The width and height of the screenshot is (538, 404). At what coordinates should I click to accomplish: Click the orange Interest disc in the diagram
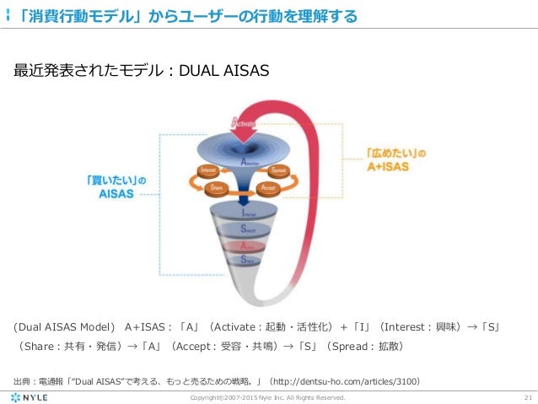(x=207, y=170)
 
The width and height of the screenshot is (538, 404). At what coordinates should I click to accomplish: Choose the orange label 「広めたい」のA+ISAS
(x=393, y=161)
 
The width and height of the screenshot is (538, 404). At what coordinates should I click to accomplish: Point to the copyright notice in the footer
(x=268, y=397)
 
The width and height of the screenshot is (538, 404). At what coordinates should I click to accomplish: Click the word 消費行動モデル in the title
(x=79, y=15)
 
